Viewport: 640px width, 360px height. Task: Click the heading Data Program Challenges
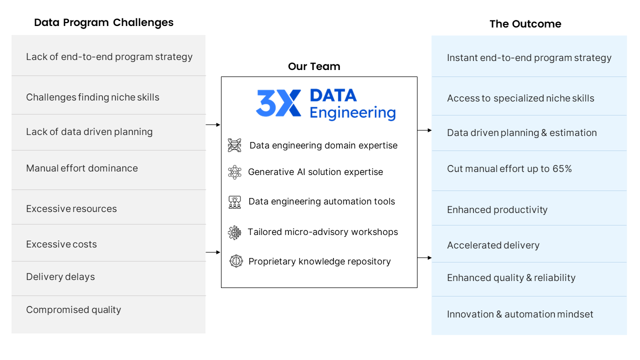tap(103, 22)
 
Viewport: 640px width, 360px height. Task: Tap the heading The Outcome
tap(525, 24)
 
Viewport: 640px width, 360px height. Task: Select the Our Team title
tap(314, 66)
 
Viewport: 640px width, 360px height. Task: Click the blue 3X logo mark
tap(278, 103)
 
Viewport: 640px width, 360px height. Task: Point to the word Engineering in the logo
tap(352, 113)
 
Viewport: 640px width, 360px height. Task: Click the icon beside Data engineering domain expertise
tap(234, 145)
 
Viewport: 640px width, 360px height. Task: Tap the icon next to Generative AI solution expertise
tap(234, 172)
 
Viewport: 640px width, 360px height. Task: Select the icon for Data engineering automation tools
tap(234, 202)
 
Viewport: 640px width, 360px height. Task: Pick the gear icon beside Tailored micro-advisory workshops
tap(234, 232)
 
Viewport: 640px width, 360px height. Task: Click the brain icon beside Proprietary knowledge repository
tap(236, 261)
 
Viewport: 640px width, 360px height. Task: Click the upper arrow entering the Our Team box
tap(213, 125)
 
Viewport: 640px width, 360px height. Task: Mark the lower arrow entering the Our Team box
tap(213, 252)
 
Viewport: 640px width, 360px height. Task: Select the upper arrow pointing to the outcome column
tap(424, 130)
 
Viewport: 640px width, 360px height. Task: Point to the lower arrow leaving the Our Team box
tap(424, 257)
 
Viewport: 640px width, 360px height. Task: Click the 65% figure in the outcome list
tap(562, 168)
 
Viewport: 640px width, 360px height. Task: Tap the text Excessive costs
tap(61, 244)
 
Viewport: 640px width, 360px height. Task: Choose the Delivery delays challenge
tap(60, 277)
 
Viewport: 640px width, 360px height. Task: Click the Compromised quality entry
tap(73, 309)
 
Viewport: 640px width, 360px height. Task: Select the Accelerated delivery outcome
tap(493, 245)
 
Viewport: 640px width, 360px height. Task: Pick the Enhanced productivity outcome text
tap(497, 209)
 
